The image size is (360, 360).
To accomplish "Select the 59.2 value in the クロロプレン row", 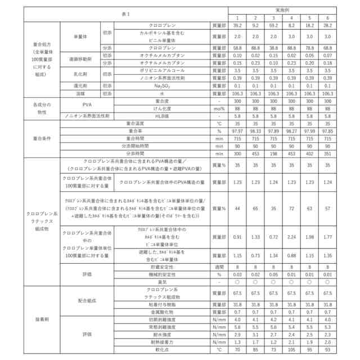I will (x=273, y=25).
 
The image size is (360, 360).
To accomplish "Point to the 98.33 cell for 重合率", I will (x=255, y=130).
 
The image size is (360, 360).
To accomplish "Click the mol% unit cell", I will (x=219, y=109).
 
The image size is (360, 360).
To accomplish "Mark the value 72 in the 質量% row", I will (x=291, y=208).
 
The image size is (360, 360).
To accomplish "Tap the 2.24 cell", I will (x=291, y=237).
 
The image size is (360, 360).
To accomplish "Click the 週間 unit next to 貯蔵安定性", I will (x=219, y=267).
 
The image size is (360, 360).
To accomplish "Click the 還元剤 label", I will (x=80, y=85).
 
